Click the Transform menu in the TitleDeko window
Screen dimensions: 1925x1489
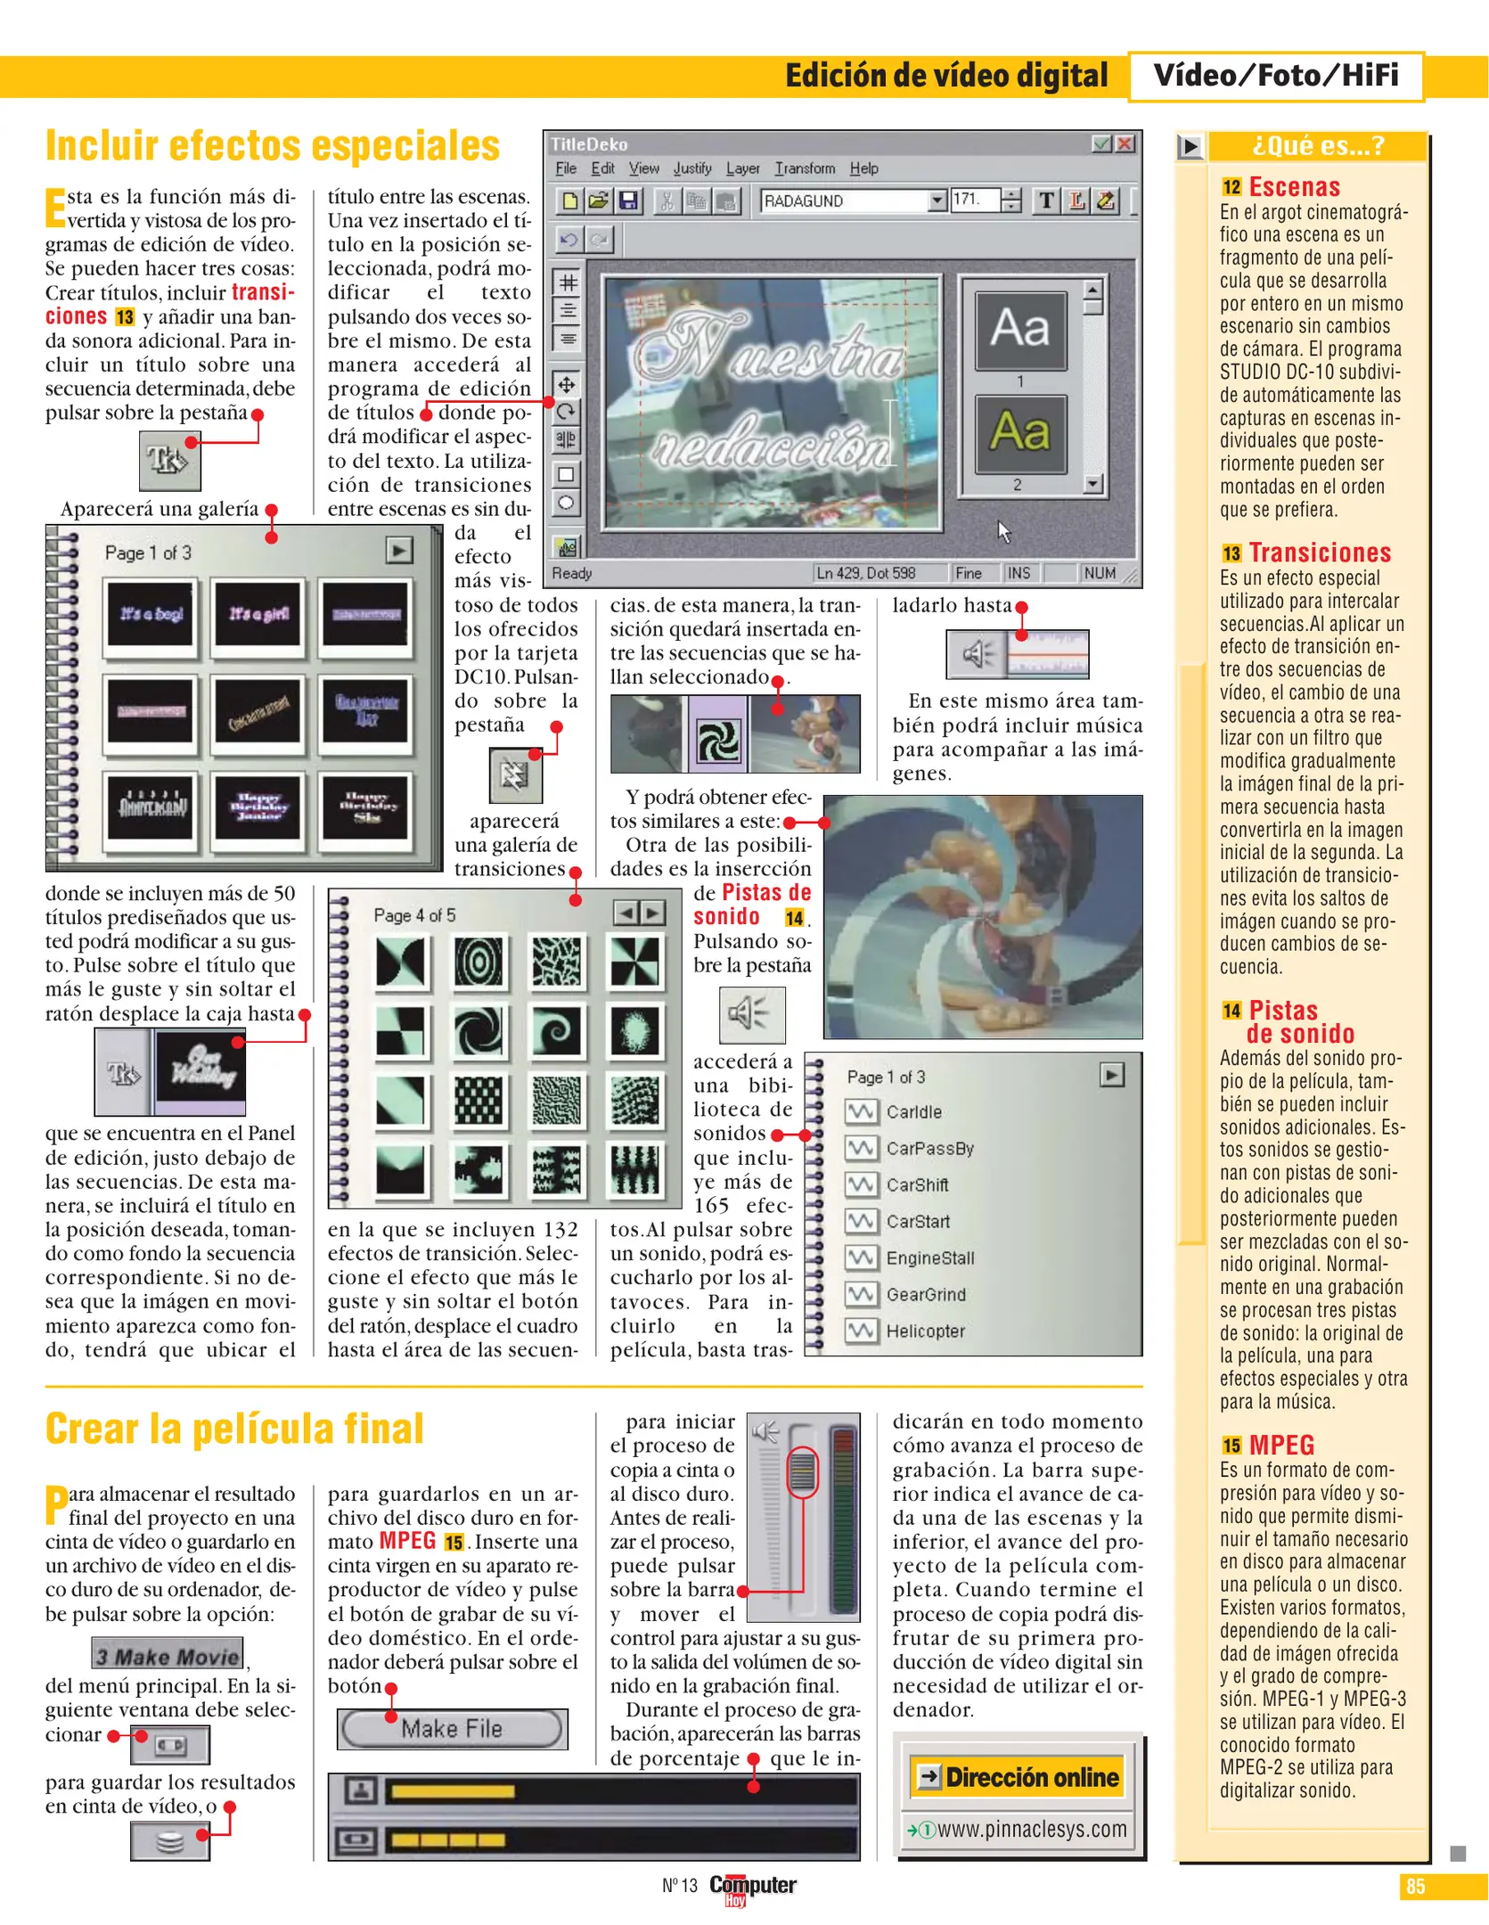tap(805, 168)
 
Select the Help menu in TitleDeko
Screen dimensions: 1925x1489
tap(863, 168)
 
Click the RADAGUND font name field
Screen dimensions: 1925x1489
tap(842, 201)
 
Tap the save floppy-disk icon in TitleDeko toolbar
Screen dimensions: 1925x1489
tap(629, 201)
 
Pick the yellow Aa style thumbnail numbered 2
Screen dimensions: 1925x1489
tap(1020, 433)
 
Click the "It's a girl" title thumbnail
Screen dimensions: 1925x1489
tap(258, 614)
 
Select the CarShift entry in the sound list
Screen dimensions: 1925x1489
tap(917, 1185)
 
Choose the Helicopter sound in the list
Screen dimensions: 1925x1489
tap(925, 1331)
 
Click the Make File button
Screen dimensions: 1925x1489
tap(452, 1729)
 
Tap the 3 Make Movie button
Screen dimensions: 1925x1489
tap(168, 1657)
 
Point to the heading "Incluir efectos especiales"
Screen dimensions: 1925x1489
tap(273, 146)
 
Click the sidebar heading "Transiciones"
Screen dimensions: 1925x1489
tap(1319, 553)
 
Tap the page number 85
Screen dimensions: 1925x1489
tap(1415, 1887)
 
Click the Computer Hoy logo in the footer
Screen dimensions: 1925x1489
tap(752, 1887)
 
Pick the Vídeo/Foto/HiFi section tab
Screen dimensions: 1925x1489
tap(1275, 76)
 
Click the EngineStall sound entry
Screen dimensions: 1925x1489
tap(929, 1258)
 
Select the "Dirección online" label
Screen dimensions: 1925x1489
tap(1031, 1778)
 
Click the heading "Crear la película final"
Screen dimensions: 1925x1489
tap(234, 1429)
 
